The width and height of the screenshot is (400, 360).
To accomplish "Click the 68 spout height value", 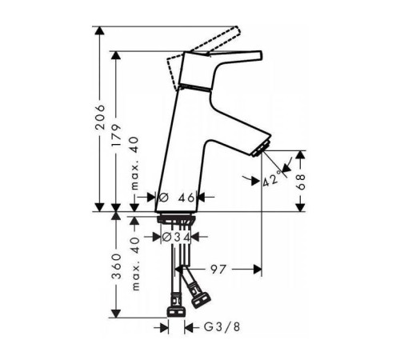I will tap(302, 182).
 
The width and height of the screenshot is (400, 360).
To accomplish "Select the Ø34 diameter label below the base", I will tap(176, 237).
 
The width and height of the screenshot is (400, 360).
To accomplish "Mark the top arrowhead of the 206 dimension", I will tap(101, 31).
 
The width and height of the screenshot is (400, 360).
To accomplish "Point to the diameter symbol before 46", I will tap(162, 196).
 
